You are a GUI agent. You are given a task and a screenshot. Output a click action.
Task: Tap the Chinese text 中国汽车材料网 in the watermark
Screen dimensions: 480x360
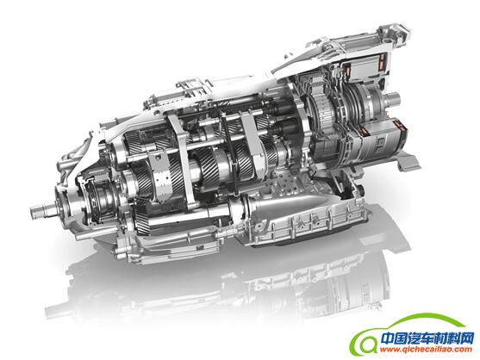(427, 338)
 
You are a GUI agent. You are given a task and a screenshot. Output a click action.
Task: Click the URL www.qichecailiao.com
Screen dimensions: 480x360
(426, 350)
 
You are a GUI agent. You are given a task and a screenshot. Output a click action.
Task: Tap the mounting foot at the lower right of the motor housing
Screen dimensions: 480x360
(408, 162)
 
